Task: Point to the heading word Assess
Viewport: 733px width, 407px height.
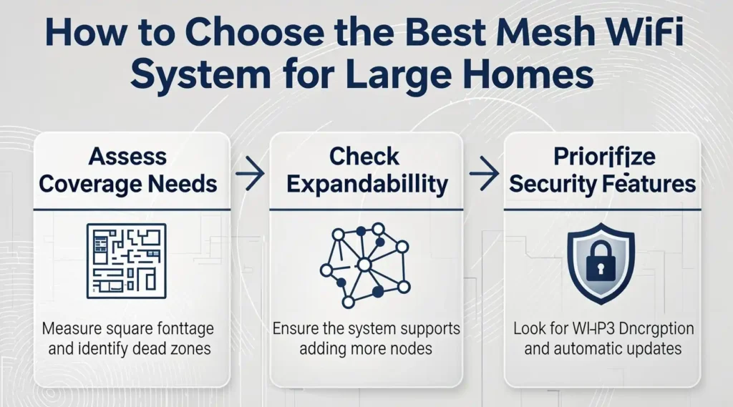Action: pos(128,157)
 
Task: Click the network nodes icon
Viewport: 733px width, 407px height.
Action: pos(364,263)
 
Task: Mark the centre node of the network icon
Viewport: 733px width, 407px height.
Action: pos(364,265)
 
